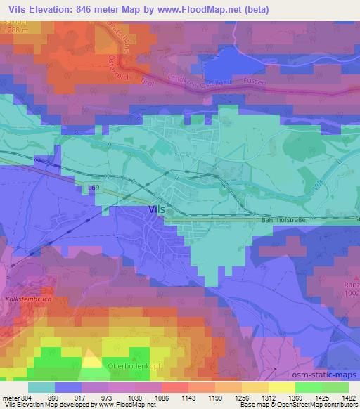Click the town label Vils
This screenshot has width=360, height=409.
click(157, 209)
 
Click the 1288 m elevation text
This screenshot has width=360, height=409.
click(14, 30)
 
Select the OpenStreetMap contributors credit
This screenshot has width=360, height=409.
click(324, 405)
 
